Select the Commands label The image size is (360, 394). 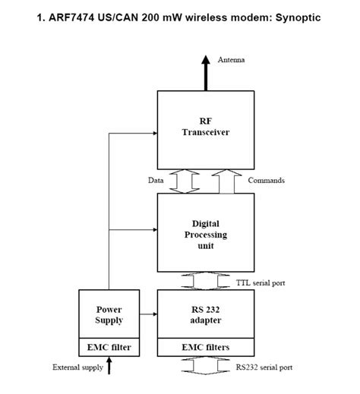click(x=267, y=181)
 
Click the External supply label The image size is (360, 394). click(x=77, y=367)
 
